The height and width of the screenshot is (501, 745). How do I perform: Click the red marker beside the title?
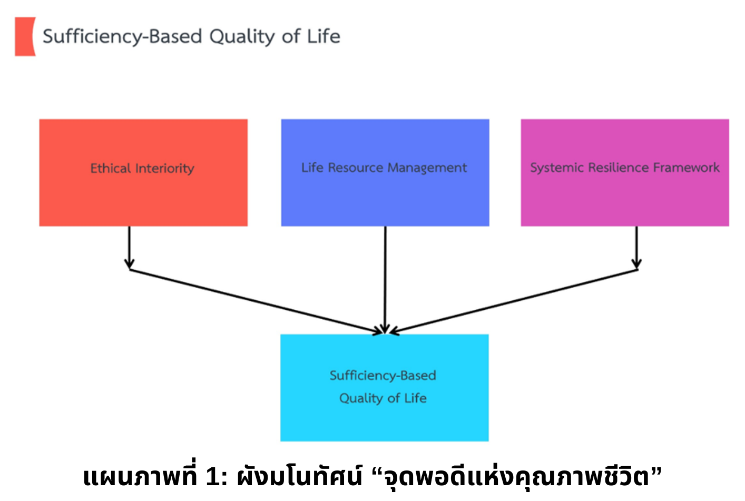coord(25,36)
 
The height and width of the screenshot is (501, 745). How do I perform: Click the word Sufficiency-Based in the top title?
coord(122,36)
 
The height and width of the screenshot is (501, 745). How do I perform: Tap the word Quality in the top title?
coord(242,36)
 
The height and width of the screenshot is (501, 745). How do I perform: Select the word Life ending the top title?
coord(324,36)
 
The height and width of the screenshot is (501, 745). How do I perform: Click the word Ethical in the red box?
coord(111,168)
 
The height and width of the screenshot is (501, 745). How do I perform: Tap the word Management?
coord(427,168)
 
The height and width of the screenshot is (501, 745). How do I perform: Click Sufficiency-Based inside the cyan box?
coord(383,376)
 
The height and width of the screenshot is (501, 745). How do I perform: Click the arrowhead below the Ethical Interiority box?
coord(130,264)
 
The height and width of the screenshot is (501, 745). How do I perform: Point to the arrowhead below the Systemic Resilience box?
coord(636,264)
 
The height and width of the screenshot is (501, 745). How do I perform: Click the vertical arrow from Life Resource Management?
coord(385,280)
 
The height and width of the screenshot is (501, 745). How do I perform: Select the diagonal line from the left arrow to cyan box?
coord(256,301)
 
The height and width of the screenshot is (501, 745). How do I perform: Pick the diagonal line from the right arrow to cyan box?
coord(514,301)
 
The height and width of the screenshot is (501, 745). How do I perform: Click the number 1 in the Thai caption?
coord(212,477)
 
